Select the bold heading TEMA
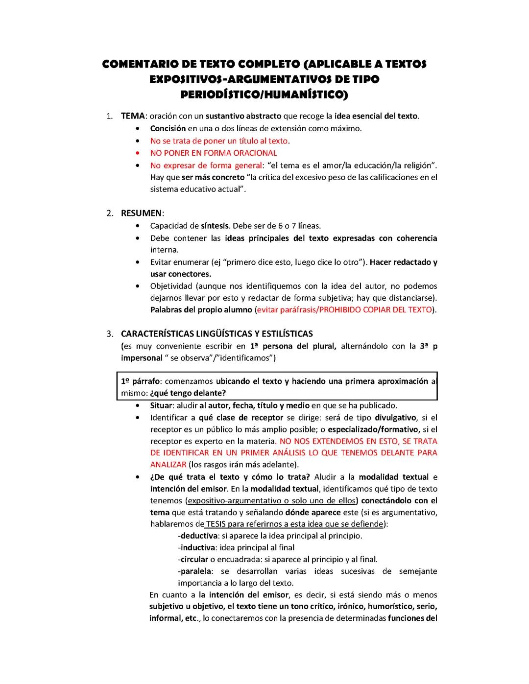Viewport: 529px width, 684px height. (x=133, y=116)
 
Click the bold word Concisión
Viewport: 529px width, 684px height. (x=168, y=128)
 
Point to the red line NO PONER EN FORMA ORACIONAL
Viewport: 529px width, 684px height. (x=214, y=153)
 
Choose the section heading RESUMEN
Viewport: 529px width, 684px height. (x=141, y=213)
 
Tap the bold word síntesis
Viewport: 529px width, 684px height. (x=215, y=226)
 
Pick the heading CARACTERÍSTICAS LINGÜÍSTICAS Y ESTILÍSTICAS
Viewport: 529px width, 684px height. (x=216, y=334)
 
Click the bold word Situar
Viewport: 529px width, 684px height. (x=161, y=405)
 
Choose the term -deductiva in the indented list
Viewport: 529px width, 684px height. (x=197, y=536)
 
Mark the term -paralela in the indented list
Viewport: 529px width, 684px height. (x=194, y=571)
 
